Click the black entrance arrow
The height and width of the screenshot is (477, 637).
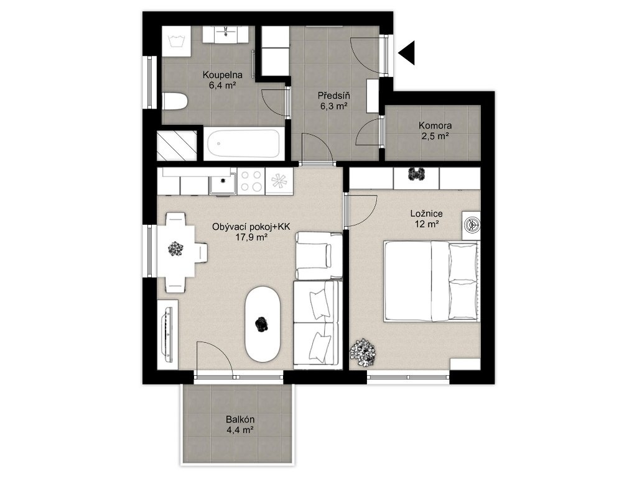point(407,53)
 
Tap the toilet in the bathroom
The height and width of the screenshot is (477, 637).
point(175,101)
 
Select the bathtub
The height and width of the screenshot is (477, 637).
point(243,143)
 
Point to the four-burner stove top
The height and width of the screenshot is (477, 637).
point(251,181)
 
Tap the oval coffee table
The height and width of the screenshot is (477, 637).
point(263,324)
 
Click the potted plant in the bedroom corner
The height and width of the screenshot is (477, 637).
point(363,349)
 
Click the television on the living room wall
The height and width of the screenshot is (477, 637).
point(167,335)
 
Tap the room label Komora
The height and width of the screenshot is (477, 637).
point(435,125)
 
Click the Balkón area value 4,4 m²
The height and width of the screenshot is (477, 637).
point(240,430)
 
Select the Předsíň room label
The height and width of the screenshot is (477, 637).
point(333,96)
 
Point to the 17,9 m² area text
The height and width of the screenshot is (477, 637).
point(251,238)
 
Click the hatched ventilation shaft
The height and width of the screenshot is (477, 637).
point(177,145)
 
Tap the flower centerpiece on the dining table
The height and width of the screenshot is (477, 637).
point(175,248)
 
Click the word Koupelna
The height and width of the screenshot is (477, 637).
point(223,75)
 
